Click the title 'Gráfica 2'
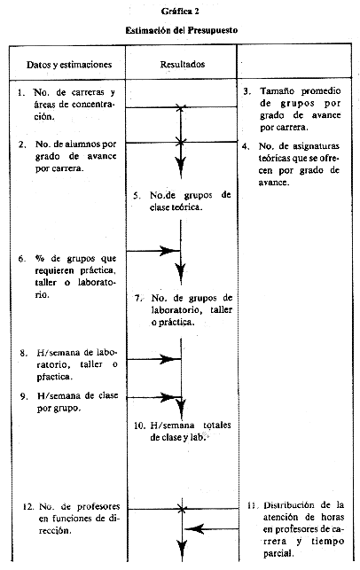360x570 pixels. click(x=180, y=12)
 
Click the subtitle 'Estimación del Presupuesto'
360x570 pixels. click(x=182, y=30)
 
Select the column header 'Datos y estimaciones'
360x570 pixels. click(x=69, y=65)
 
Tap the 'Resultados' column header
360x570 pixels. click(x=183, y=65)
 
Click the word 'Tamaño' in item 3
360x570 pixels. click(x=277, y=91)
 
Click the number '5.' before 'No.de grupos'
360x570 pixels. click(x=137, y=196)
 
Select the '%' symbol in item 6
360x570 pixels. click(x=40, y=259)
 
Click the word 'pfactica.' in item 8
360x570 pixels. click(x=55, y=377)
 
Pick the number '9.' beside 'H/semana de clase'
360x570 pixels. click(x=24, y=396)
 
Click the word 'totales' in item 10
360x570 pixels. click(x=216, y=425)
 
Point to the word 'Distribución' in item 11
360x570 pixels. click(x=289, y=505)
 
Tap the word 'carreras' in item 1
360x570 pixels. click(x=88, y=92)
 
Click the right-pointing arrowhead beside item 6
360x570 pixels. click(x=169, y=251)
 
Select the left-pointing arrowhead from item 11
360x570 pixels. click(x=194, y=528)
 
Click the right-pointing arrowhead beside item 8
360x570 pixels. click(x=169, y=359)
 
